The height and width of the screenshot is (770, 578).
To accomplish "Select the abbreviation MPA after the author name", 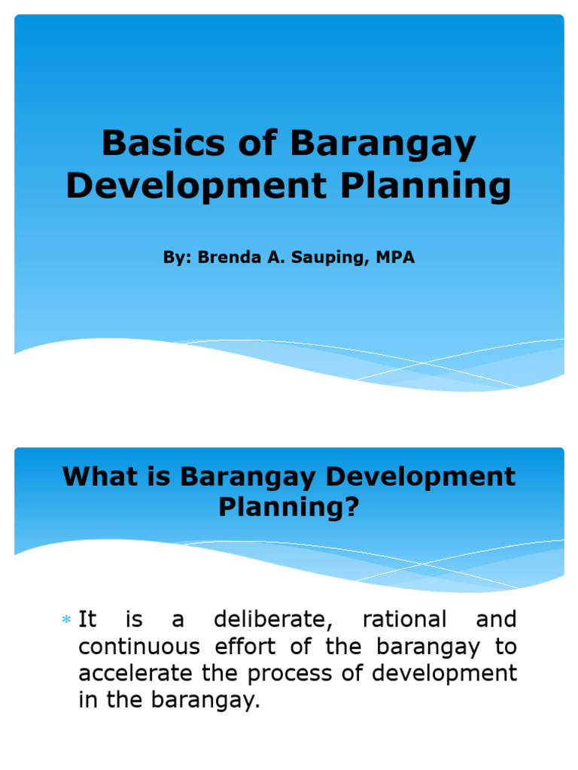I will [395, 257].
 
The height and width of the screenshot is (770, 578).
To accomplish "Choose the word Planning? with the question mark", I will [289, 508].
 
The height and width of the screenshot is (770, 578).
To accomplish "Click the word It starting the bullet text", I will [88, 620].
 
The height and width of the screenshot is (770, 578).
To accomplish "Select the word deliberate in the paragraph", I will [272, 620].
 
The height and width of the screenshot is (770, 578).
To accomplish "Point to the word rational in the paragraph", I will [404, 620].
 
